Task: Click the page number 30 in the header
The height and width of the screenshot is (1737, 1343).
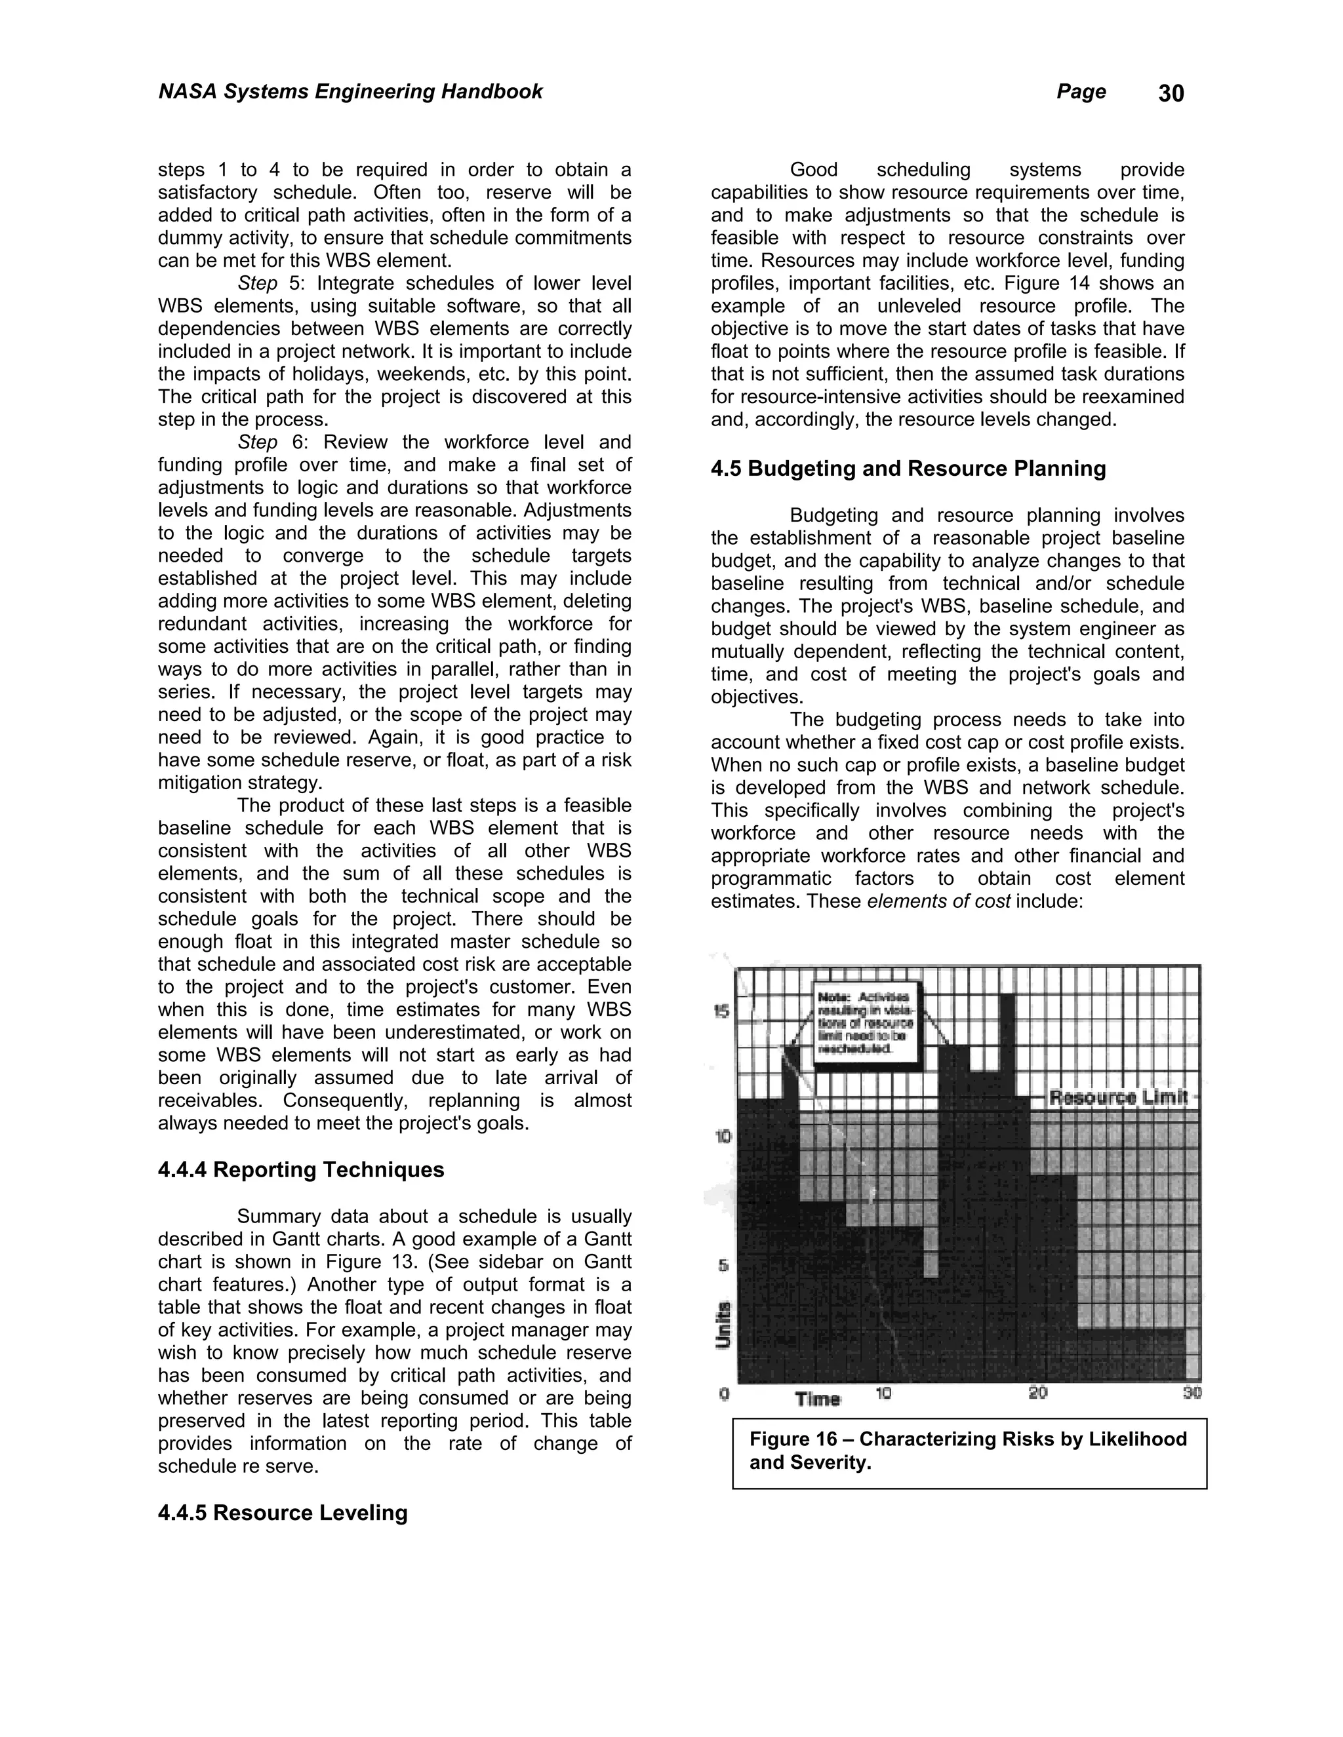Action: point(1171,94)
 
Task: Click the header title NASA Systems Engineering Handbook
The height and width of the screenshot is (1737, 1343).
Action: point(350,92)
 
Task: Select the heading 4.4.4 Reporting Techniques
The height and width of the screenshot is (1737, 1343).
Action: point(301,1170)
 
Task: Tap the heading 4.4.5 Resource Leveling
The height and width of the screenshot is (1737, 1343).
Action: point(283,1513)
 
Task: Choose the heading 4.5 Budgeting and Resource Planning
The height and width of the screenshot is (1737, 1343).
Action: point(908,469)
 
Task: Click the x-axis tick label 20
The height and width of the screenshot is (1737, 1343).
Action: point(1037,1393)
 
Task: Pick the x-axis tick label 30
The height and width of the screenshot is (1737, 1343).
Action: point(1191,1393)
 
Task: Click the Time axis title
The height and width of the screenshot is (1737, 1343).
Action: point(817,1398)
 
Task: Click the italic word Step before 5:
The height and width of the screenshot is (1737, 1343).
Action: point(257,284)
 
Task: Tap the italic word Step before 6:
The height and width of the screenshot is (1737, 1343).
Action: point(257,443)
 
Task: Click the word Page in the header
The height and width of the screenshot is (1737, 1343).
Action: point(1081,92)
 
